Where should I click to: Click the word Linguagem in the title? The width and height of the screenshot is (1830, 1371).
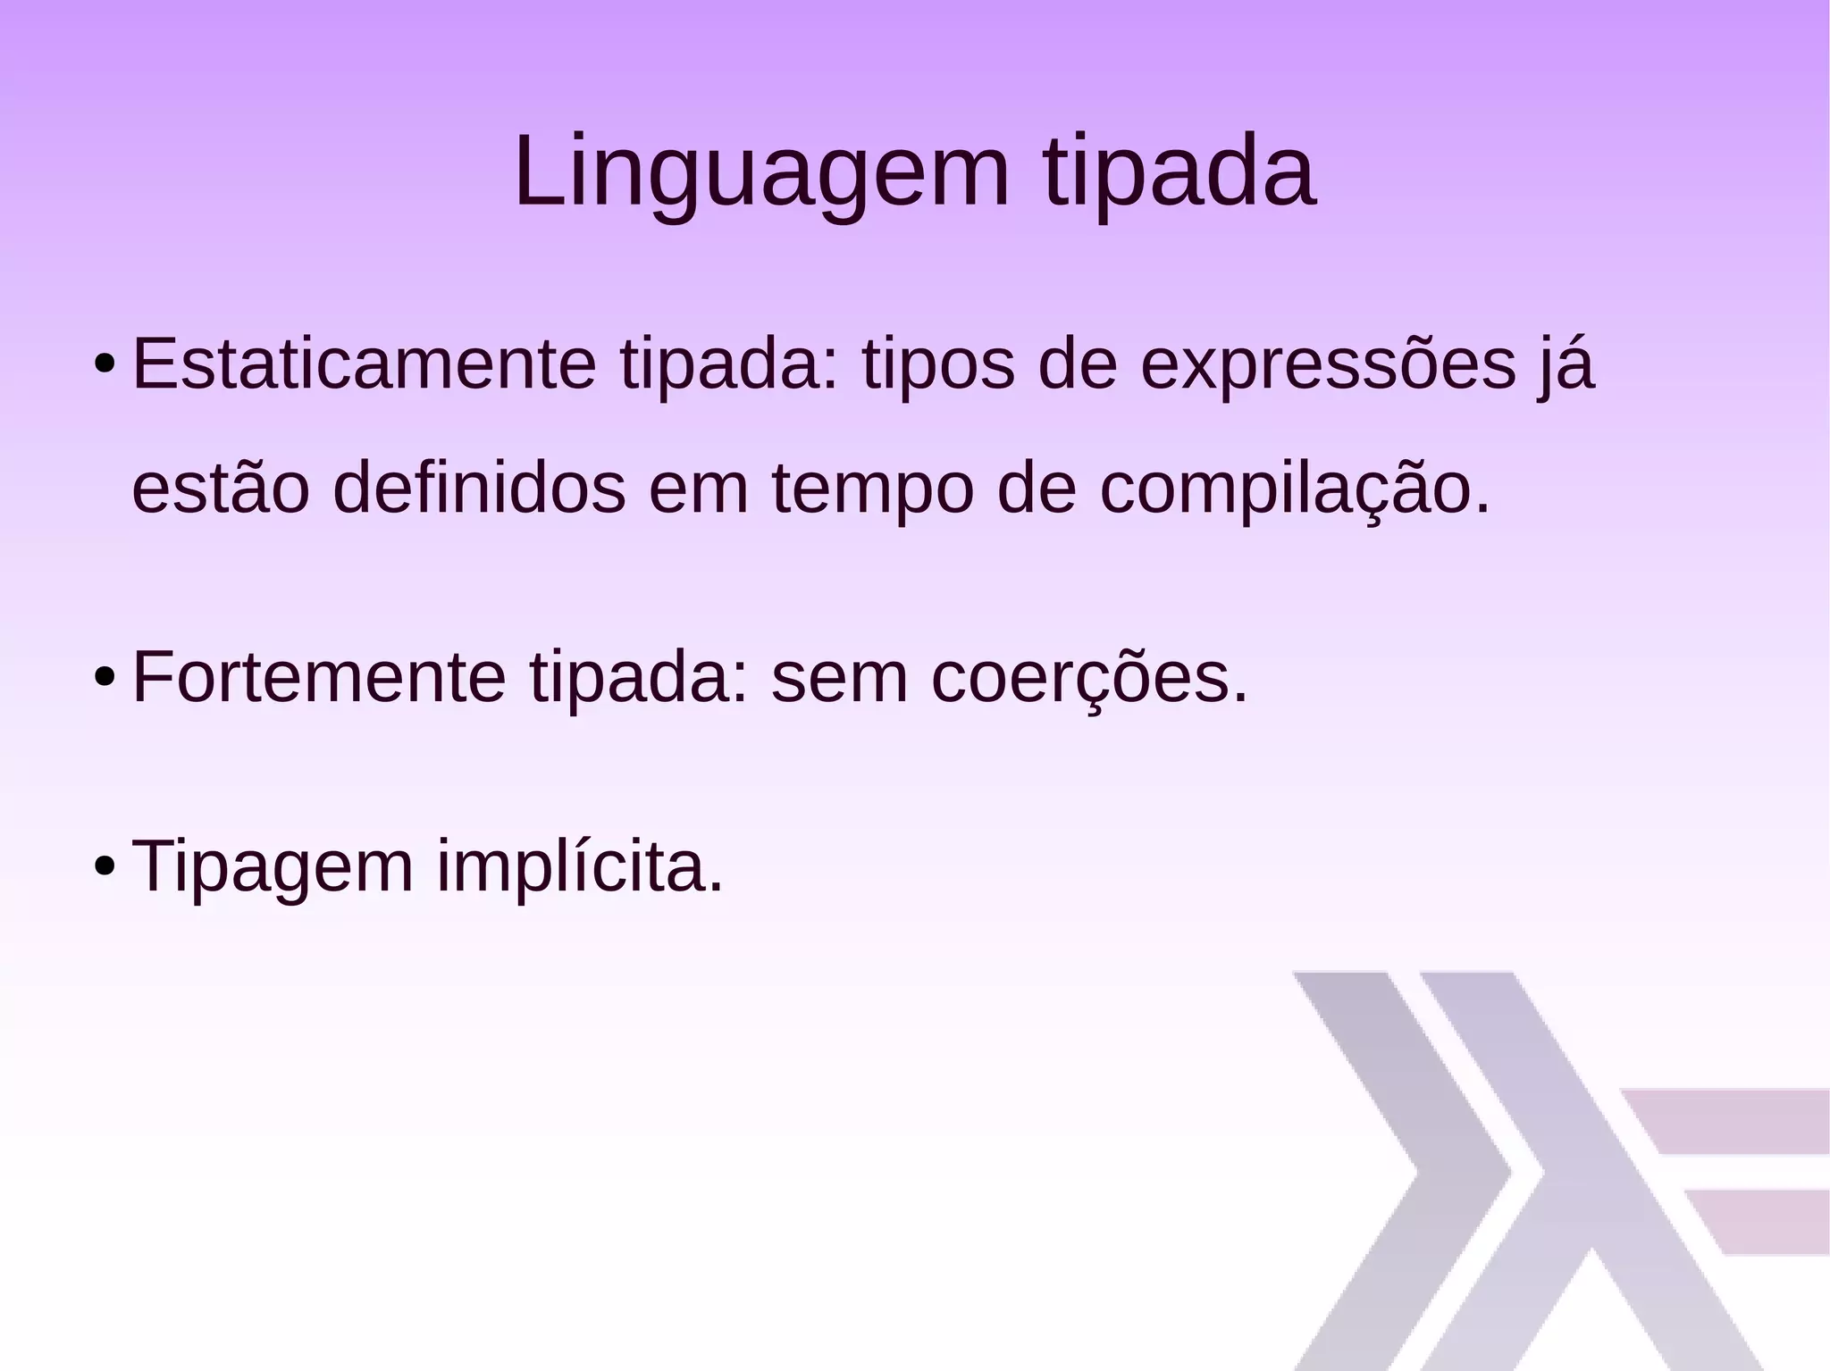pos(760,171)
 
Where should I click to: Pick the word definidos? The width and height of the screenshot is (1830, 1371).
pos(479,489)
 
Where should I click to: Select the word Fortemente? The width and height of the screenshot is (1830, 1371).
pos(319,678)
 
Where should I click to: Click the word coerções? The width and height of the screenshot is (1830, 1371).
pos(1088,678)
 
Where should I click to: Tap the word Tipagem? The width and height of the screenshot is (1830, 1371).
pos(273,866)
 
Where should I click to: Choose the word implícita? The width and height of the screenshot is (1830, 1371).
pos(579,866)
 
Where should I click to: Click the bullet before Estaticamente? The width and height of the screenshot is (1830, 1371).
pos(104,365)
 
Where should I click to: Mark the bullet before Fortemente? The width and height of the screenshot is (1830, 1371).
pos(104,679)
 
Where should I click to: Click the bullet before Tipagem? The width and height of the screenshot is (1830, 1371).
pos(104,867)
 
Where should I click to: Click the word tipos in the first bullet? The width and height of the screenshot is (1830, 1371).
pos(938,366)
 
